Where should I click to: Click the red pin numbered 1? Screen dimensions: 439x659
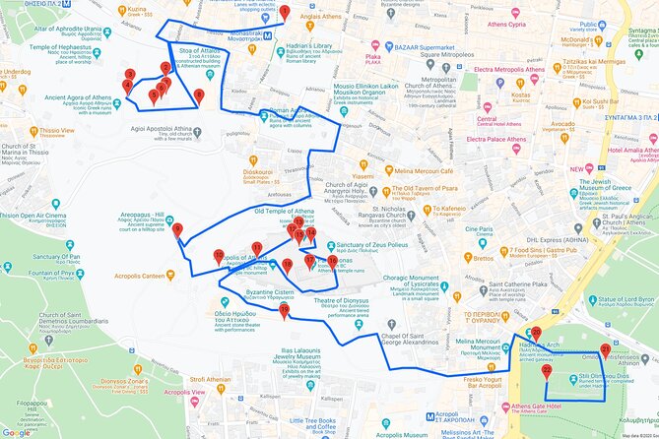(284, 12)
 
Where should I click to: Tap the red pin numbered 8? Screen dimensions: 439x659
(199, 95)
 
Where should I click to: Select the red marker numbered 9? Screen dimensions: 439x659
(177, 230)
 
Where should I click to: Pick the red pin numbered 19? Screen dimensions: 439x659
(285, 311)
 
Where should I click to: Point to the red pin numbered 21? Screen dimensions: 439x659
(605, 348)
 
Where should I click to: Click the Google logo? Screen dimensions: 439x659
(17, 432)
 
